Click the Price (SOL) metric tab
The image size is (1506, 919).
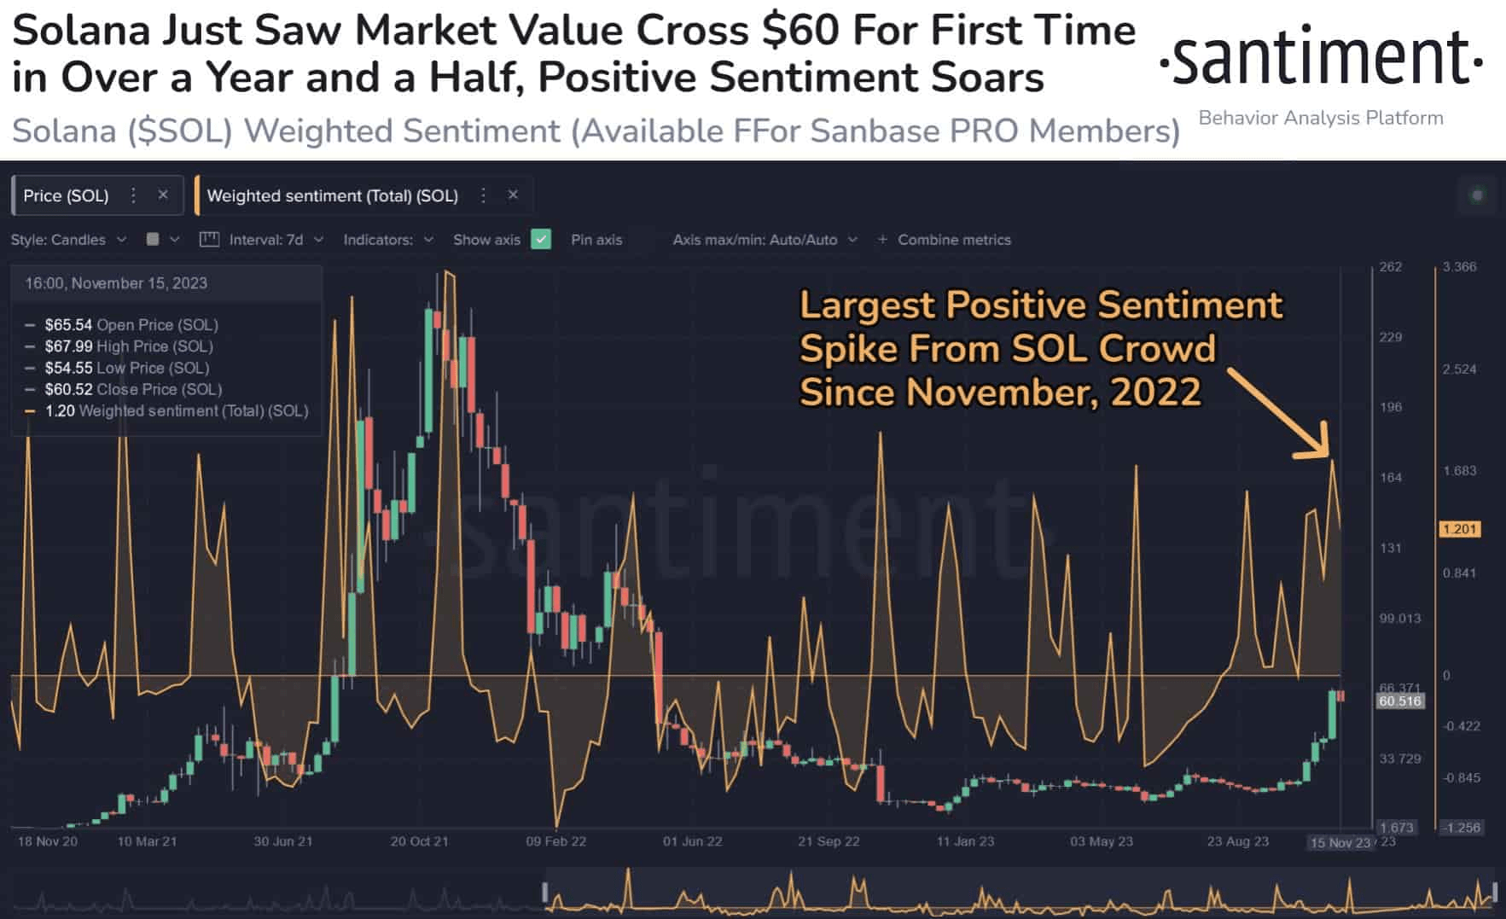click(x=67, y=195)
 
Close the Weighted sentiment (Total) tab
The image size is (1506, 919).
click(x=513, y=195)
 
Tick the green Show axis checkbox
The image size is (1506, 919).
click(x=541, y=240)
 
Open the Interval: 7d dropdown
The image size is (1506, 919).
click(x=265, y=240)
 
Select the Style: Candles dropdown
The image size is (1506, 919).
click(x=68, y=240)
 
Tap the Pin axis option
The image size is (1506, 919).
click(x=596, y=240)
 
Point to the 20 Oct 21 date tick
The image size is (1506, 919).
click(x=419, y=841)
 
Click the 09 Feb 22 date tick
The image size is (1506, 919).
click(x=555, y=841)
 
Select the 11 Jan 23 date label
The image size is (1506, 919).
click(x=965, y=841)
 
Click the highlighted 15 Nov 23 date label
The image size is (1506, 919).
click(x=1340, y=843)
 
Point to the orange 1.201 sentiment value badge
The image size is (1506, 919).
click(x=1459, y=529)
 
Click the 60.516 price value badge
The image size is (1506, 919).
click(x=1400, y=701)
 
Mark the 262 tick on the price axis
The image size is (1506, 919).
click(x=1391, y=267)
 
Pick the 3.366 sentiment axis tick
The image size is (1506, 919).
click(x=1459, y=267)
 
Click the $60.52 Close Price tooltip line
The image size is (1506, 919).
click(x=133, y=389)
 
